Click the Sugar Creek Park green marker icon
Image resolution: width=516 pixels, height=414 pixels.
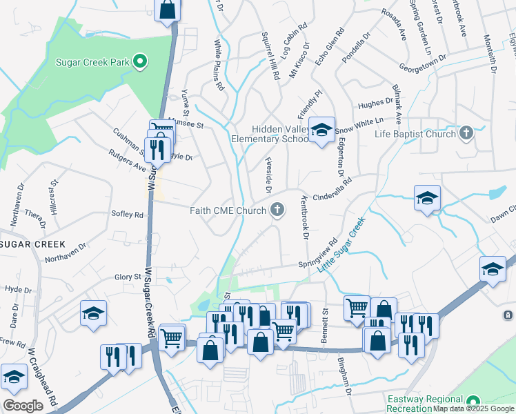pos(140,62)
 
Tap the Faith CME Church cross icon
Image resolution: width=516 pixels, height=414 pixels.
pos(277,210)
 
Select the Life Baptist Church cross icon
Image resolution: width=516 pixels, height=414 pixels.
pos(466,132)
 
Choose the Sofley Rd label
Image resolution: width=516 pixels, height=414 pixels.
pos(127,215)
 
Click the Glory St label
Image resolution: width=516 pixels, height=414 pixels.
pos(128,277)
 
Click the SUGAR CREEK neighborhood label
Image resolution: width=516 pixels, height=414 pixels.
pos(32,244)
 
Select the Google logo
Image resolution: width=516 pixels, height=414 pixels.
pos(23,406)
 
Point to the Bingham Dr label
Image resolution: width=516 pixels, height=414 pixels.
pos(345,376)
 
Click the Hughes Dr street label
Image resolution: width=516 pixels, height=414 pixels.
pos(375,104)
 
